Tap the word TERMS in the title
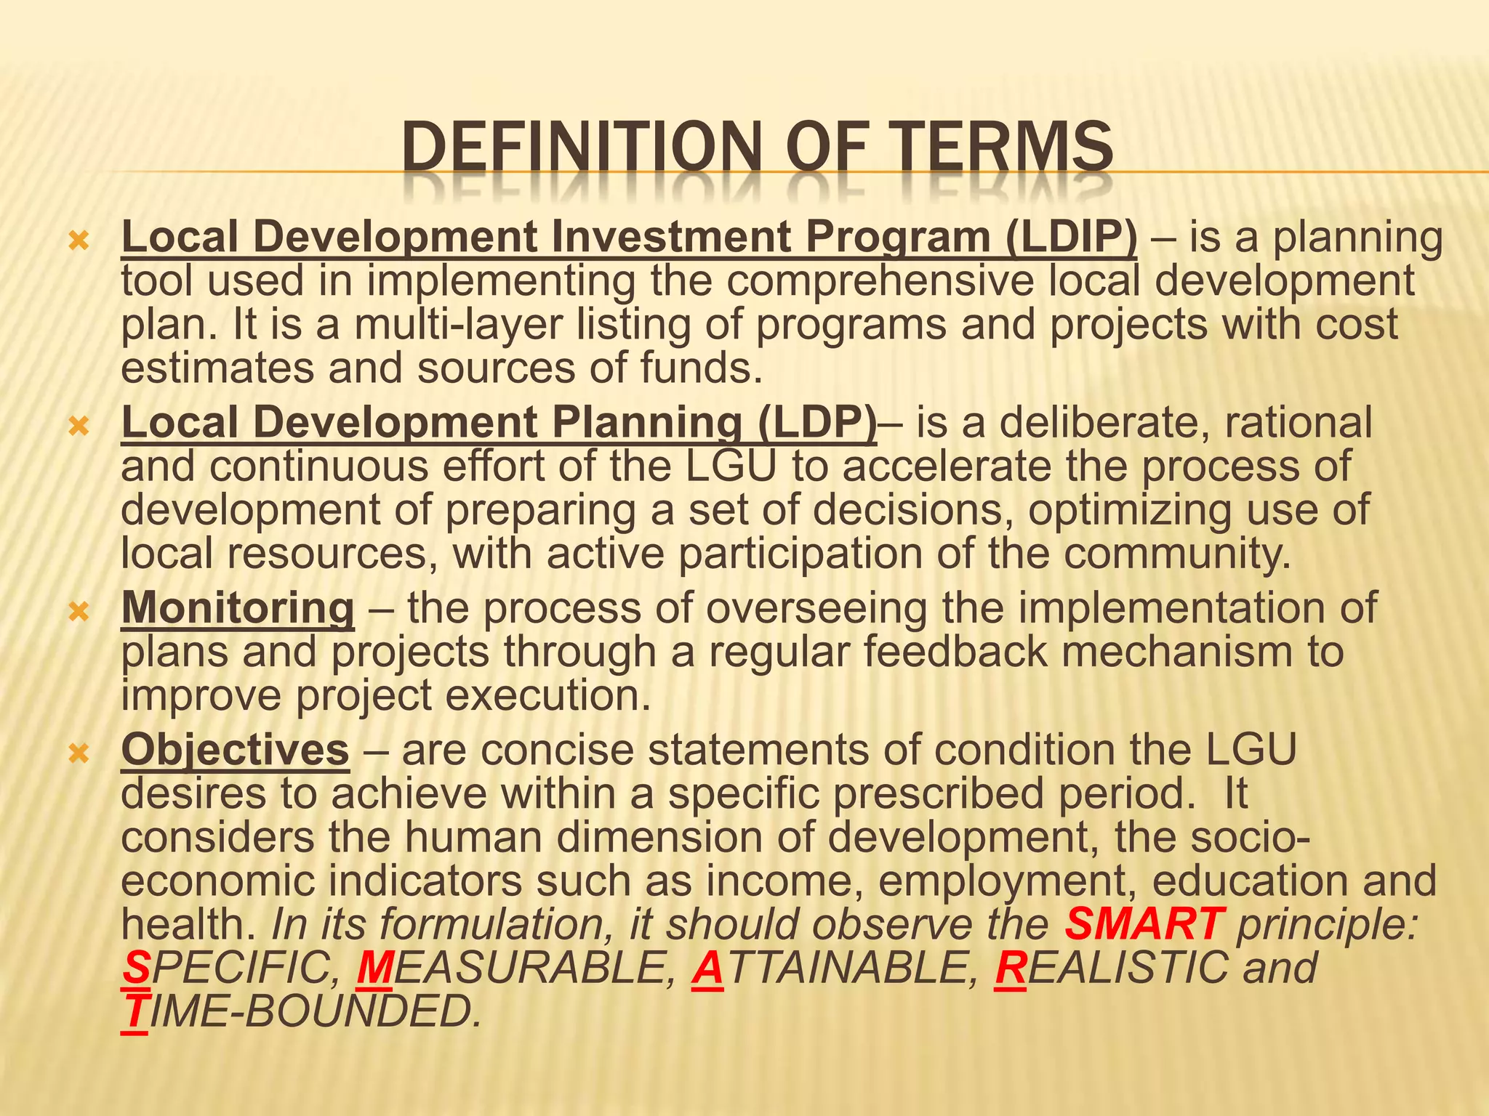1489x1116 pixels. click(x=995, y=148)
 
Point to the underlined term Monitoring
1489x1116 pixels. click(x=238, y=608)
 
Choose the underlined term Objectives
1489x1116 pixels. click(x=235, y=750)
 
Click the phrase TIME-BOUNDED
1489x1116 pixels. click(x=302, y=1011)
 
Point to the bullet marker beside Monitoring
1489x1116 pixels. click(x=78, y=612)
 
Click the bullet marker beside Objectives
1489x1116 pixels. click(x=78, y=753)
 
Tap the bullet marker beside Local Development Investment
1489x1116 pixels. click(x=78, y=240)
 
